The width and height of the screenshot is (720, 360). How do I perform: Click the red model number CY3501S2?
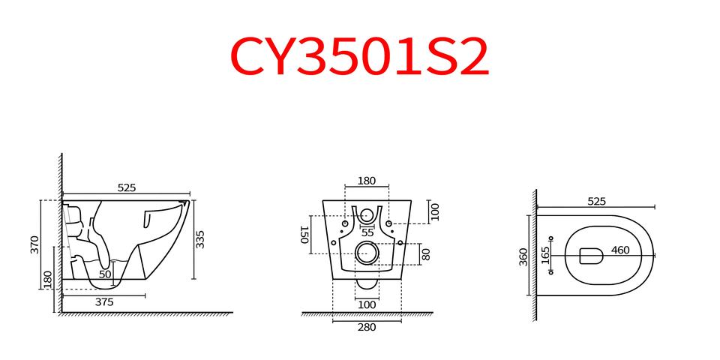359,58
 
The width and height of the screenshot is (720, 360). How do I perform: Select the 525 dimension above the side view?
127,187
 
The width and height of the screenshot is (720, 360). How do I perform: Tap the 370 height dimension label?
35,244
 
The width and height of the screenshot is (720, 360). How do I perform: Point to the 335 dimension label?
200,240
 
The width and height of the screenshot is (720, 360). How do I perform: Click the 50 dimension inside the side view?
105,274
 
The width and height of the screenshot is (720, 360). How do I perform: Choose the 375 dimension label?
104,302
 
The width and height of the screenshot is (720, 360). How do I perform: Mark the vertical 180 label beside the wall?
48,280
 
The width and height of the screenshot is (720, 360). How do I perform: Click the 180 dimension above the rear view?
367,181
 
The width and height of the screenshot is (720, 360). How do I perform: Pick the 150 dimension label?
304,235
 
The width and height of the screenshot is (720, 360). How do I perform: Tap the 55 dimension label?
367,232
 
